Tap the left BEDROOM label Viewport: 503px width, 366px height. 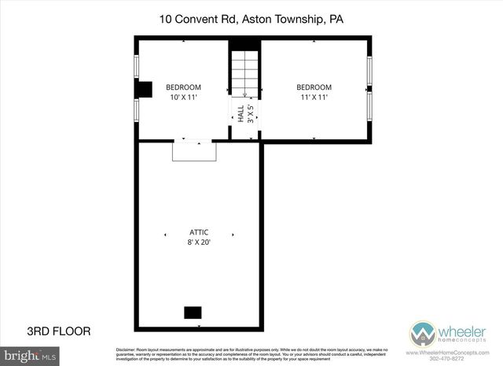(x=183, y=87)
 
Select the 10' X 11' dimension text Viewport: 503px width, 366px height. (x=183, y=98)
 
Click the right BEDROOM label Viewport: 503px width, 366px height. (x=314, y=87)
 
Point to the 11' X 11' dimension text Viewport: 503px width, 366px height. (x=314, y=98)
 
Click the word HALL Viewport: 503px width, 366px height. (x=240, y=113)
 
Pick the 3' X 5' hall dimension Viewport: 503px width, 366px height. (x=250, y=113)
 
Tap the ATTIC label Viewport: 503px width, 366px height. (x=199, y=232)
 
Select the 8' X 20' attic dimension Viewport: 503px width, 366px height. (x=199, y=243)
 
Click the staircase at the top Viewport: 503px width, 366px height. (x=244, y=72)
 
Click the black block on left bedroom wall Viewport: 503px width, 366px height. (x=143, y=89)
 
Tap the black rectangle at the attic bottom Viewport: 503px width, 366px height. (x=193, y=312)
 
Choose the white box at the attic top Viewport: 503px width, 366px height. (x=194, y=150)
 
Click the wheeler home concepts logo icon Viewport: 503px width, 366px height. (x=422, y=332)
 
